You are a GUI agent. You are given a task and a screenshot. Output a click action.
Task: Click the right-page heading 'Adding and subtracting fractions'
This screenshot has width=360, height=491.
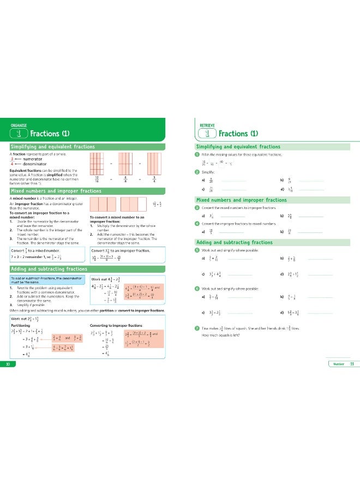click(235, 242)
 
